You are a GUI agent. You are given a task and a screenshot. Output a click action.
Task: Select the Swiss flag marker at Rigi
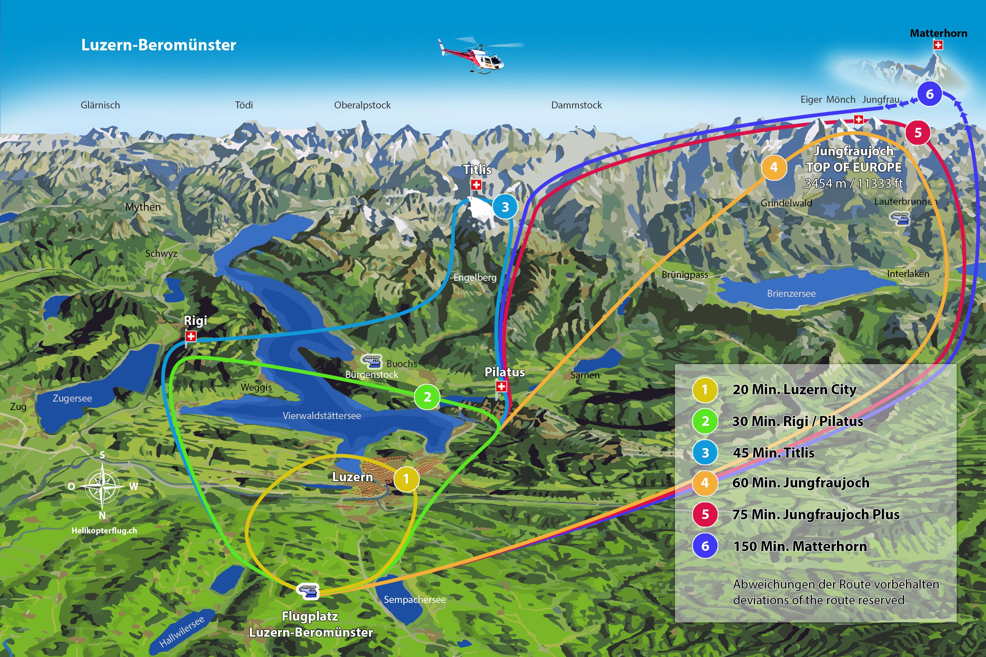[191, 336]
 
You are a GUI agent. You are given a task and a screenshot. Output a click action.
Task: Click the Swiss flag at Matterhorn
[938, 45]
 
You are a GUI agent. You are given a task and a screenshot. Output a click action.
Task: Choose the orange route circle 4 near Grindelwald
[774, 167]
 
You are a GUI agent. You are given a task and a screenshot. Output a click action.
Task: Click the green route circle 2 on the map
[427, 397]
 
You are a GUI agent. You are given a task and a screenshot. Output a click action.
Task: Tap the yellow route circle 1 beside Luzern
[406, 479]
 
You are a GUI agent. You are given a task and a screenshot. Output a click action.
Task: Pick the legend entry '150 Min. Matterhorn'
[800, 546]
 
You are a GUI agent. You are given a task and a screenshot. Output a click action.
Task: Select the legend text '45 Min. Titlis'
[774, 453]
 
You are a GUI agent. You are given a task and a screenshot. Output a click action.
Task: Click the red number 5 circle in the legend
[705, 514]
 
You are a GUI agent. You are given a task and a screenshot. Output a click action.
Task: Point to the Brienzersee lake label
[791, 293]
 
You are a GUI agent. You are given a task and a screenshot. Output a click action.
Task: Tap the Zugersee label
[72, 398]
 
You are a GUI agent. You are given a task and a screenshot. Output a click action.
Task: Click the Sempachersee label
[415, 600]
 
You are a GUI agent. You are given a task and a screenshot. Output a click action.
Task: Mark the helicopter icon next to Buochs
[372, 361]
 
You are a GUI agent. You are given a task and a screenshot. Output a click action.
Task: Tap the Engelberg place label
[475, 277]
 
